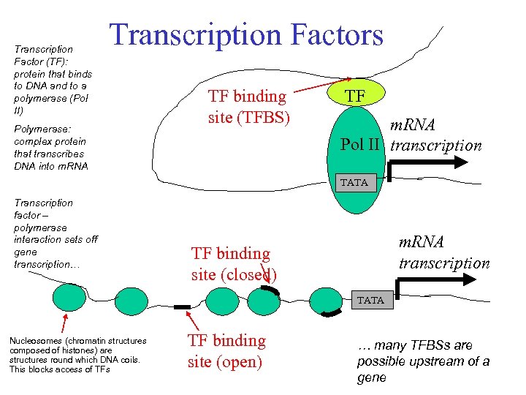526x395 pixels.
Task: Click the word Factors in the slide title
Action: (332, 34)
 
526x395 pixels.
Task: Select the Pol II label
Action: (359, 144)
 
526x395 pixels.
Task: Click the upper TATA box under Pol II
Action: (354, 182)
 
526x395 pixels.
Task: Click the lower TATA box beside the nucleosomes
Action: (370, 300)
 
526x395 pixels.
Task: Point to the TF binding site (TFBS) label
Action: (248, 106)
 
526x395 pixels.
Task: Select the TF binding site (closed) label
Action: (233, 263)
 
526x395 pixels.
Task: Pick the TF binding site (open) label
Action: (226, 350)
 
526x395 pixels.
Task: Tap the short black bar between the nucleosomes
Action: (183, 306)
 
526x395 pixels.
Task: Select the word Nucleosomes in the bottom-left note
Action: (35, 341)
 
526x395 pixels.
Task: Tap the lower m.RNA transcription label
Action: (443, 252)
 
